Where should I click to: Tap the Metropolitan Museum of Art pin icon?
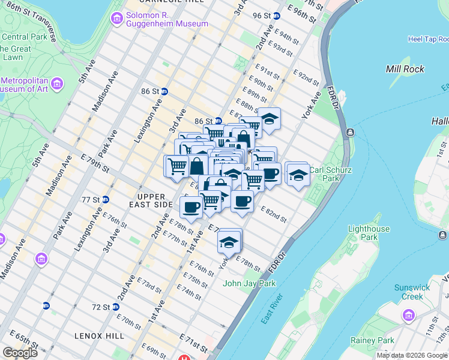click(58, 82)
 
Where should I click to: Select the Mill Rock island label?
click(405, 69)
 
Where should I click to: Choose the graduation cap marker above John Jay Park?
click(229, 242)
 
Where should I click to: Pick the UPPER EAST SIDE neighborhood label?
click(155, 200)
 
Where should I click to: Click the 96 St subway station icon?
click(277, 16)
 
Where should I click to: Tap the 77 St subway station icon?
click(105, 199)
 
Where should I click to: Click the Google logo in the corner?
click(20, 352)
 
